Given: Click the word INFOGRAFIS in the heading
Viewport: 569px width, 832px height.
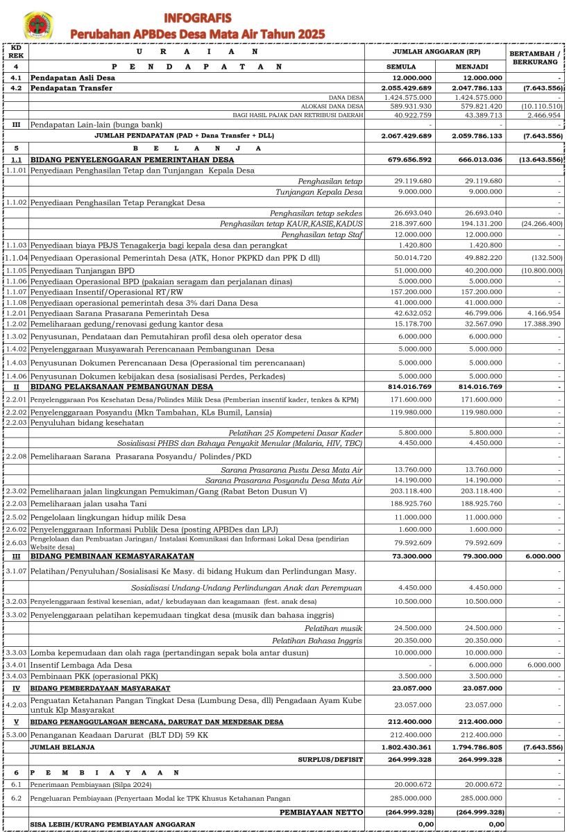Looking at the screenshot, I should pyautogui.click(x=198, y=17).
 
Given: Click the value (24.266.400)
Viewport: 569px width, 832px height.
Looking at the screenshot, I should pyautogui.click(x=539, y=223).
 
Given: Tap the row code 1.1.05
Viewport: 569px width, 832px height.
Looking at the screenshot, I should pyautogui.click(x=17, y=270).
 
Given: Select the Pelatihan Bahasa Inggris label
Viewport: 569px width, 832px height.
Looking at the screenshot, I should pyautogui.click(x=317, y=641).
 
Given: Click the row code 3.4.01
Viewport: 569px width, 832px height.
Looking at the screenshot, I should pyautogui.click(x=17, y=664).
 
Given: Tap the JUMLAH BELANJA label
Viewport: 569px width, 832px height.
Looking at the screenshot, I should pyautogui.click(x=62, y=747).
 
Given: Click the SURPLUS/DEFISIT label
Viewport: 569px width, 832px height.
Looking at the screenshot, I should pyautogui.click(x=331, y=760).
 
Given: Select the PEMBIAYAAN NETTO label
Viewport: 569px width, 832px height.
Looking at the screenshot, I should pyautogui.click(x=321, y=812).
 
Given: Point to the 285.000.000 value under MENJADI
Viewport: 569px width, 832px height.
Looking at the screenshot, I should pyautogui.click(x=481, y=799).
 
